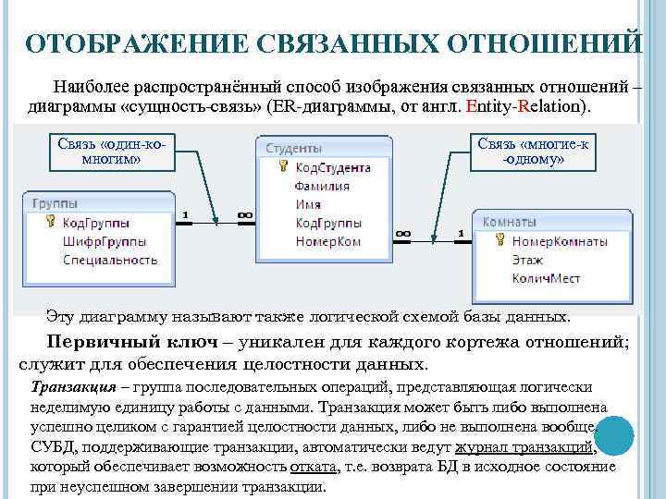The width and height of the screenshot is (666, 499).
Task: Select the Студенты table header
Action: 294,148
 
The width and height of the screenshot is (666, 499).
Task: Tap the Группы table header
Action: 55,203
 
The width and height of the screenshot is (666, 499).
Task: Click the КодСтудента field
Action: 333,168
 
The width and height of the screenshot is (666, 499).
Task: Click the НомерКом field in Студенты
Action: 328,241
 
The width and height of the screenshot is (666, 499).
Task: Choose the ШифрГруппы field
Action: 104,241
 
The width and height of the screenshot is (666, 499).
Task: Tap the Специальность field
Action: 110,260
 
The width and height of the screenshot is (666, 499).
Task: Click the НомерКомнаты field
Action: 560,241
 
